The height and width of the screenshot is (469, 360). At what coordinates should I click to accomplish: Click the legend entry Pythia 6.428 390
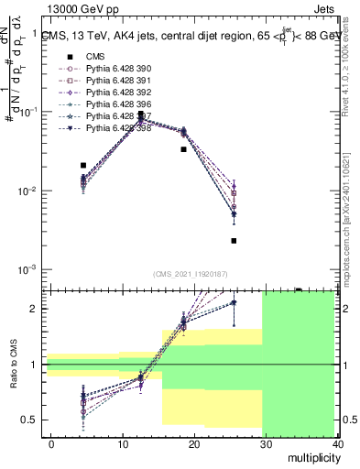click(x=115, y=69)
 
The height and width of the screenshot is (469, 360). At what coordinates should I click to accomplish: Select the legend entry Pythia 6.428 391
click(x=115, y=81)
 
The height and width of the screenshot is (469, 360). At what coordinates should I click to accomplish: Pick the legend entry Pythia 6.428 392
click(x=115, y=93)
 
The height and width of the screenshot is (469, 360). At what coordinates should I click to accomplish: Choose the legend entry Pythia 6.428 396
click(x=115, y=104)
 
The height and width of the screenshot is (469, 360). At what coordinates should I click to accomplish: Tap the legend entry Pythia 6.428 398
click(x=115, y=128)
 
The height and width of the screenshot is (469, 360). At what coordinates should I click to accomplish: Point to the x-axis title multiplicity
click(x=311, y=455)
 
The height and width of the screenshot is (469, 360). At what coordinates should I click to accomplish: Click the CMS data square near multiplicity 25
click(x=235, y=241)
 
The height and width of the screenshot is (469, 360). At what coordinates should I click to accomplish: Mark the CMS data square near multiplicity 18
click(x=184, y=148)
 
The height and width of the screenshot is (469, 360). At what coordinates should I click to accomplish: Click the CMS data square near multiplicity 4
click(x=83, y=166)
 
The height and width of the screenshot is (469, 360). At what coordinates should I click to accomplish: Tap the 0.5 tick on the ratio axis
click(x=32, y=420)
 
